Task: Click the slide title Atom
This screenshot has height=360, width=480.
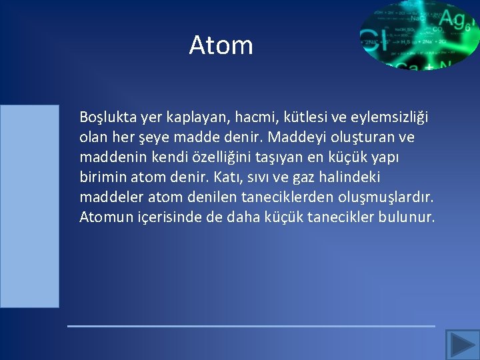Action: point(221,45)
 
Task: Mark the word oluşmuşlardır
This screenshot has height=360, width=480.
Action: point(389,197)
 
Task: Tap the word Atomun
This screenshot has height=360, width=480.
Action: point(104,217)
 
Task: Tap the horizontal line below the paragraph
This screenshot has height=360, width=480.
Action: point(251,326)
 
